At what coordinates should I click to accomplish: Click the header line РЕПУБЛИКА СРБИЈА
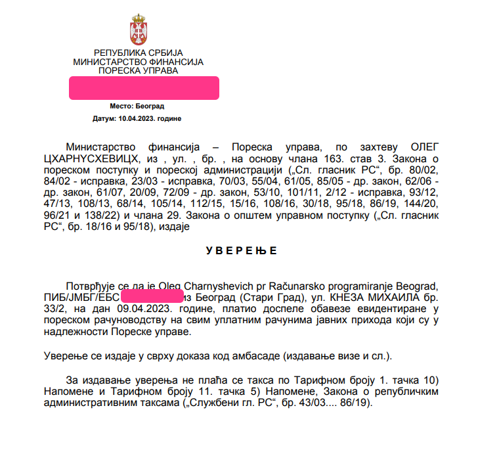pos(139,53)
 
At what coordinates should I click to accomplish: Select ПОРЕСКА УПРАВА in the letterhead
pos(139,70)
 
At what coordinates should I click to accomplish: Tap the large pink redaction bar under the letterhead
pos(144,88)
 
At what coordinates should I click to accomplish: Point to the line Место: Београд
pos(137,106)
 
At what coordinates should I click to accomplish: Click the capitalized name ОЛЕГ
pos(423,146)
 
